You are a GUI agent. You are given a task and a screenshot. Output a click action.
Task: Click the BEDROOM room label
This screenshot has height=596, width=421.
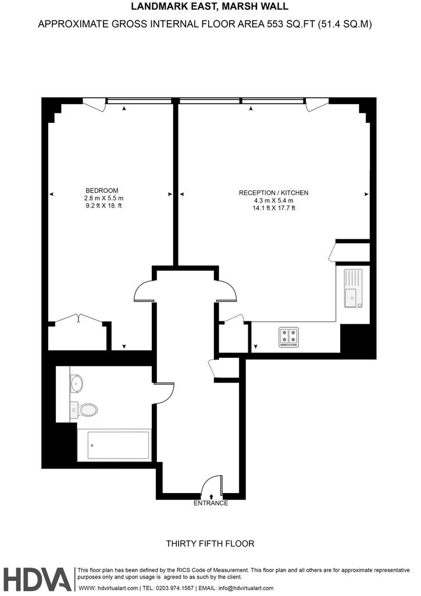pos(102,190)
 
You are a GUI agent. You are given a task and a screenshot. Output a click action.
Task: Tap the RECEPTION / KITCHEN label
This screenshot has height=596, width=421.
pos(273,193)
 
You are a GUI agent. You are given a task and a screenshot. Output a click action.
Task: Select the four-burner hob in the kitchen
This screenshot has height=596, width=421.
pos(288,337)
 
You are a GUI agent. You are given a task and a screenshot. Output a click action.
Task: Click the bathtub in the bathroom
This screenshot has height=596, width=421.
pos(118,445)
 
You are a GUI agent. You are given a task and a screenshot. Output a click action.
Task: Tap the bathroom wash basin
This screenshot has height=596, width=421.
pos(76,384)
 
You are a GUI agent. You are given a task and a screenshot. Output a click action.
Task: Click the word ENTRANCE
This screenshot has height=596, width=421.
pos(211,503)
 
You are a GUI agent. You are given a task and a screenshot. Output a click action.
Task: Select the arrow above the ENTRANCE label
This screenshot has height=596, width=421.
pos(211,496)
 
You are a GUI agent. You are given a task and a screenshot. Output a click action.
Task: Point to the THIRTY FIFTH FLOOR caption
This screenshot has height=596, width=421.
pos(211,544)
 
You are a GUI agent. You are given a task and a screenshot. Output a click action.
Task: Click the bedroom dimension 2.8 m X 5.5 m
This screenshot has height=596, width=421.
pos(104,198)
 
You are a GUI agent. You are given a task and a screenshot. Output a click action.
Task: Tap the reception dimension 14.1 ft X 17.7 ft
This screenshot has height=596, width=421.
pos(274,208)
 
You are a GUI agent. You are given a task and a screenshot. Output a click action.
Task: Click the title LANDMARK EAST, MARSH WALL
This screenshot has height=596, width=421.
pos(209,6)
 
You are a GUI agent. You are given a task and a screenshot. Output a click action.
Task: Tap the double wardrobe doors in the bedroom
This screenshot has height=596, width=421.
pos(79,318)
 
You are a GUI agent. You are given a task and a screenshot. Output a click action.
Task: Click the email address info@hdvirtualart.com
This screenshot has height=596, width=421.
pos(246,588)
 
